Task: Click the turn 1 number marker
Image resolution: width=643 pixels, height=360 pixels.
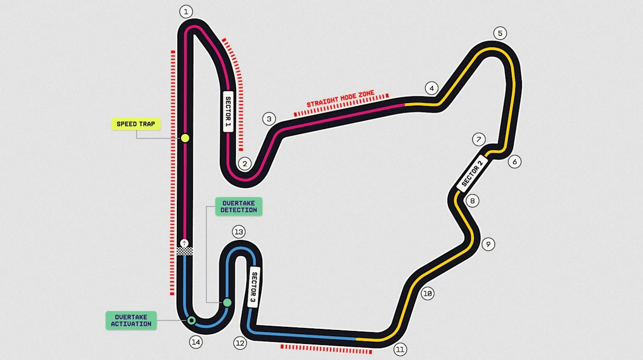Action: pos(186,12)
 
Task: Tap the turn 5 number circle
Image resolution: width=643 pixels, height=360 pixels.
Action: pos(500,33)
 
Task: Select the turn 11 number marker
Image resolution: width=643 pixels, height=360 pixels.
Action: pos(400,349)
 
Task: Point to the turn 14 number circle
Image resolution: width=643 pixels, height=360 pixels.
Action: pos(196,342)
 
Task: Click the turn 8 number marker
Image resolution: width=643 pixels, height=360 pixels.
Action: pos(473,201)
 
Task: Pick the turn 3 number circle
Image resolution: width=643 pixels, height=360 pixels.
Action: pos(269,119)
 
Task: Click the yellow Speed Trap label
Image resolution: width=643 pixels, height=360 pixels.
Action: pos(136,124)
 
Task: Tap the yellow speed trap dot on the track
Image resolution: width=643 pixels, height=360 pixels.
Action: pos(185,138)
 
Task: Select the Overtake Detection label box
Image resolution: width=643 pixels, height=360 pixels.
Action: pos(238,206)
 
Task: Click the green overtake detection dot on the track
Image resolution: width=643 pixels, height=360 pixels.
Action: pos(227,302)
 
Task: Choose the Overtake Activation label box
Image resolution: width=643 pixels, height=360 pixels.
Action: pos(131,320)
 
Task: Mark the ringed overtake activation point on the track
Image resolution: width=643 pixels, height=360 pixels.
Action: pos(191,320)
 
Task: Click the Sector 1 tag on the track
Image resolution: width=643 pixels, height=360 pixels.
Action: pos(228,112)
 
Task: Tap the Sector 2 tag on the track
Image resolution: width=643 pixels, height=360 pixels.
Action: pos(472,174)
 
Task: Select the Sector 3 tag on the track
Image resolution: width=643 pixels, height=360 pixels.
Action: pos(253,287)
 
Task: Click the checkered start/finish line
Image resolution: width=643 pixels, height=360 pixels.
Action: pos(184,251)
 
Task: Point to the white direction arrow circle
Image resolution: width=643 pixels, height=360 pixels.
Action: pos(184,243)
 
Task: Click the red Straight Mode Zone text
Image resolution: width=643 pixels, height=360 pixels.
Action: pos(340,99)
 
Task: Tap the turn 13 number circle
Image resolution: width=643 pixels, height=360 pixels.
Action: pos(239,232)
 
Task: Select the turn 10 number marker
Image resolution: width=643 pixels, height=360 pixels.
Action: pos(428,294)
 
